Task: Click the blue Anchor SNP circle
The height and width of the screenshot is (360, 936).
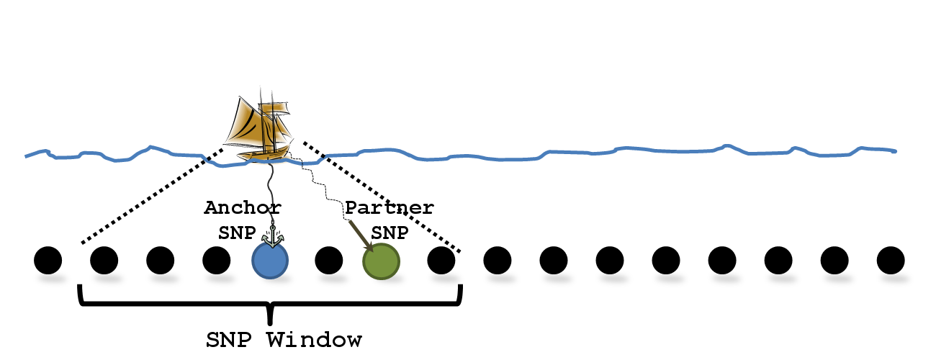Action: coord(270,260)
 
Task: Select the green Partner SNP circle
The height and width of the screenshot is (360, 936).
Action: coord(382,261)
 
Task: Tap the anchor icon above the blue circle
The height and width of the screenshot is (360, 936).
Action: coord(273,235)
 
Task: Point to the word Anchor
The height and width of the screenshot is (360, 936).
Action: coord(243,208)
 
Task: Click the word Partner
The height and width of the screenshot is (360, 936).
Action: coord(390,208)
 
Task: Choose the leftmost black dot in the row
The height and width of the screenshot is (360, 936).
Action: coord(48,260)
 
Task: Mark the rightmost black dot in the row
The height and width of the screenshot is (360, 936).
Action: coord(891,260)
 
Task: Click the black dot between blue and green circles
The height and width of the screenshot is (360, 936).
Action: coord(328,260)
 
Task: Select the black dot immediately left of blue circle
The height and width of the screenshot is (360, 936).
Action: coord(217,260)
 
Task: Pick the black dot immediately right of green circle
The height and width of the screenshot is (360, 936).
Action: coord(441,260)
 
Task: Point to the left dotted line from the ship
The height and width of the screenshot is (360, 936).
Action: coord(151,194)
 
